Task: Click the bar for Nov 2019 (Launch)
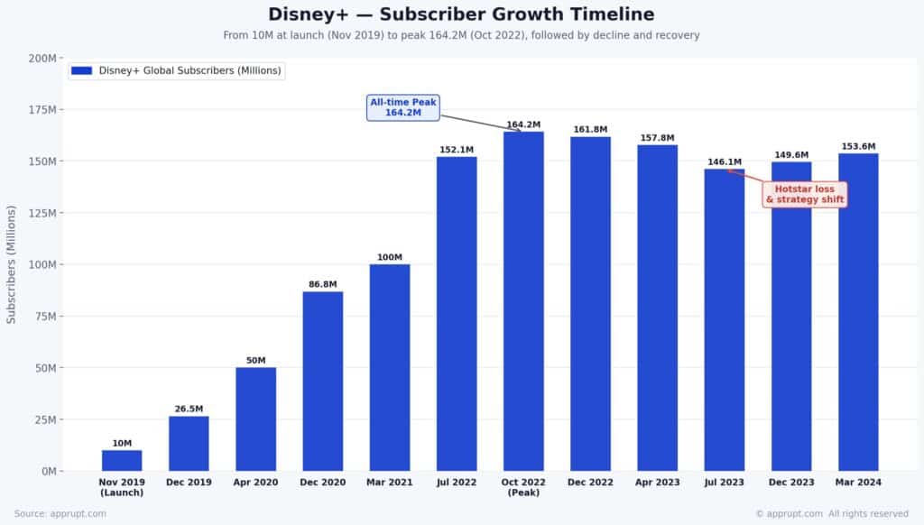(x=122, y=460)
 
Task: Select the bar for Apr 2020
(x=255, y=419)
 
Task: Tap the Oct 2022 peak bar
(x=523, y=301)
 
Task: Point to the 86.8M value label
(x=322, y=284)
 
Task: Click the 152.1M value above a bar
(x=457, y=150)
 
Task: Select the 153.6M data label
(x=858, y=146)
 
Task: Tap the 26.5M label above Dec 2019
(x=189, y=409)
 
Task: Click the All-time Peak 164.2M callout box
(x=403, y=107)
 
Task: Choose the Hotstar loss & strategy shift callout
(x=805, y=194)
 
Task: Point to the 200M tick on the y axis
(x=42, y=58)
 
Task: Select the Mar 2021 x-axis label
(x=390, y=483)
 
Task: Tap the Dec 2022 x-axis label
(x=590, y=483)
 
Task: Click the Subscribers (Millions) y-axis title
(x=12, y=263)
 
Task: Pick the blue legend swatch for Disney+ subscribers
(x=81, y=70)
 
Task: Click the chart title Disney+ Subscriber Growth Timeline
(x=461, y=14)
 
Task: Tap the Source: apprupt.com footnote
(x=60, y=513)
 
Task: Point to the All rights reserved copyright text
(x=867, y=513)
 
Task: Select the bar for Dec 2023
(x=791, y=316)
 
